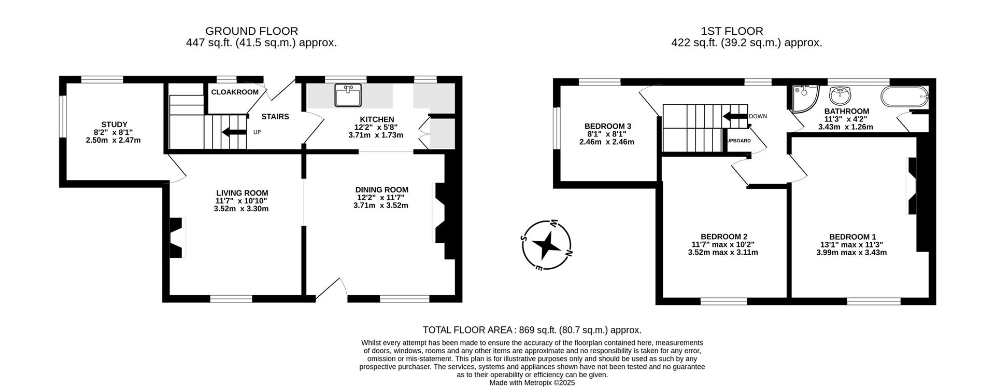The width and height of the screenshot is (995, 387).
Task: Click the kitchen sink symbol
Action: tap(348, 95)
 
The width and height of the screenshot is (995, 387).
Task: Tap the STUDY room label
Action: tap(114, 125)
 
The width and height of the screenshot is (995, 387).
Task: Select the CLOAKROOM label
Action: tap(235, 92)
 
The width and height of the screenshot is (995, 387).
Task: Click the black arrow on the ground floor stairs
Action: tap(234, 132)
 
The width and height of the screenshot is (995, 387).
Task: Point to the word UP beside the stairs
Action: tap(257, 132)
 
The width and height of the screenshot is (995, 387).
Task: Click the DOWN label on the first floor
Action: tap(758, 116)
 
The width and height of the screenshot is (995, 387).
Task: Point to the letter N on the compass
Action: tap(568, 253)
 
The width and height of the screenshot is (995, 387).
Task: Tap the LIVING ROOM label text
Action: tap(242, 193)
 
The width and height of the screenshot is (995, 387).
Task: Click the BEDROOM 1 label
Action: tap(852, 237)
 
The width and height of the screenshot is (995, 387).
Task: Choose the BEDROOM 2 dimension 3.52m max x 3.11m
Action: tap(722, 253)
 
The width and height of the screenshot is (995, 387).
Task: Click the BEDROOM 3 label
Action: tap(607, 126)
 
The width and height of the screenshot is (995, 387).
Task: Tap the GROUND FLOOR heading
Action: tap(251, 31)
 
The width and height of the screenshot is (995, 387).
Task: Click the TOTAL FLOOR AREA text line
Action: tap(532, 330)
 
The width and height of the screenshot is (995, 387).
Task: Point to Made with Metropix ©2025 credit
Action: tap(532, 383)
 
